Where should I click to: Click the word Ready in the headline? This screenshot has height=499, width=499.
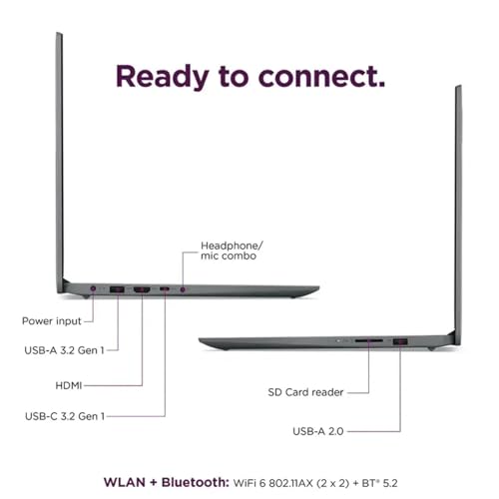(162, 77)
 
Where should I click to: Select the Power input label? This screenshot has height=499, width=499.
(52, 321)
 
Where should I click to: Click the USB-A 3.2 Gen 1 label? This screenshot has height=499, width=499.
(64, 350)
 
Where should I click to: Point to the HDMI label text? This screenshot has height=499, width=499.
(69, 385)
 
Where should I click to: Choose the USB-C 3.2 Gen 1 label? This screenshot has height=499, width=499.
(65, 416)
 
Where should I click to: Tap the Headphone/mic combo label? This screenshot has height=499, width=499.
(232, 250)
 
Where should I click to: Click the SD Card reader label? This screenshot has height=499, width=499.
(305, 392)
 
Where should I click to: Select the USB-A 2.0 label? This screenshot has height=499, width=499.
(318, 431)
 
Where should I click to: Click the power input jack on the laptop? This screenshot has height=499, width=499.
(93, 288)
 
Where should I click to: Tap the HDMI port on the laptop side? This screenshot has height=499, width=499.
(142, 289)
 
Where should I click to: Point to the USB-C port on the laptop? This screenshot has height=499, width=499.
(165, 288)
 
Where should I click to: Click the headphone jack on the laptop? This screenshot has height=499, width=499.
(183, 289)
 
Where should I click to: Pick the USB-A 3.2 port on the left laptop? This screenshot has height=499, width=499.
(117, 289)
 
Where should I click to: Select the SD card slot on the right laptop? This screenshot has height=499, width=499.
(368, 340)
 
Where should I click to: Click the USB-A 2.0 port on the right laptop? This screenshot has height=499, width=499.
(400, 341)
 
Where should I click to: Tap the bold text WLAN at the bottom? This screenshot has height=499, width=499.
(125, 482)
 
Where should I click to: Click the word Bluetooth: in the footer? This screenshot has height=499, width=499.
(196, 482)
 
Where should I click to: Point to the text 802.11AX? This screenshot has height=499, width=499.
(290, 483)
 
